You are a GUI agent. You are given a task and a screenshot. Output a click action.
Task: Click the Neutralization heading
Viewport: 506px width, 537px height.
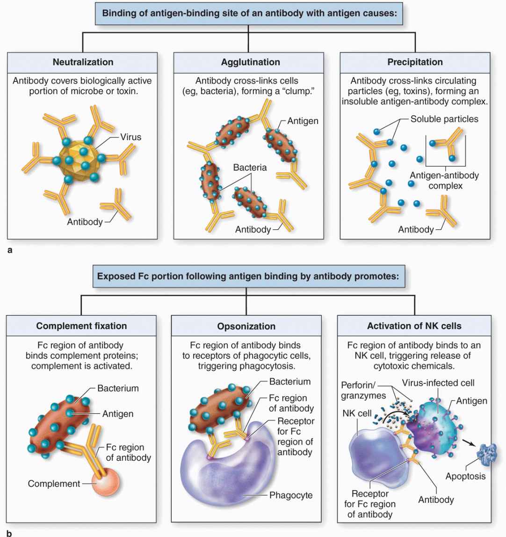tap(83, 62)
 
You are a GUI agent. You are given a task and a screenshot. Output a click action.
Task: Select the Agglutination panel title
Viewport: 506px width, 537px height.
tap(250, 62)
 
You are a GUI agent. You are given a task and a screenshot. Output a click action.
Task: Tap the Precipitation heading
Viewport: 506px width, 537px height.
tap(415, 62)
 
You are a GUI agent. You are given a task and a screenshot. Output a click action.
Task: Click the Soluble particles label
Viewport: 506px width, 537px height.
tap(444, 119)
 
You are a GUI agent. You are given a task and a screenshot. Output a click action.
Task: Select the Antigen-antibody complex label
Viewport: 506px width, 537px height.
tap(444, 181)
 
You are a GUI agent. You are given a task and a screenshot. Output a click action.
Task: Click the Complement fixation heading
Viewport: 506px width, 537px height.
tap(81, 326)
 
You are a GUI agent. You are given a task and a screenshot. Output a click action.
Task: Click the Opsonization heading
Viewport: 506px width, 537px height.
tap(246, 326)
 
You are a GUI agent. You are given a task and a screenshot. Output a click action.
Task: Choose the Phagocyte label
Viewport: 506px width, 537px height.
tap(291, 495)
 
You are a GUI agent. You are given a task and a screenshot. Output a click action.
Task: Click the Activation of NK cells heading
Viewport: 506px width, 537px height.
tap(414, 326)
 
